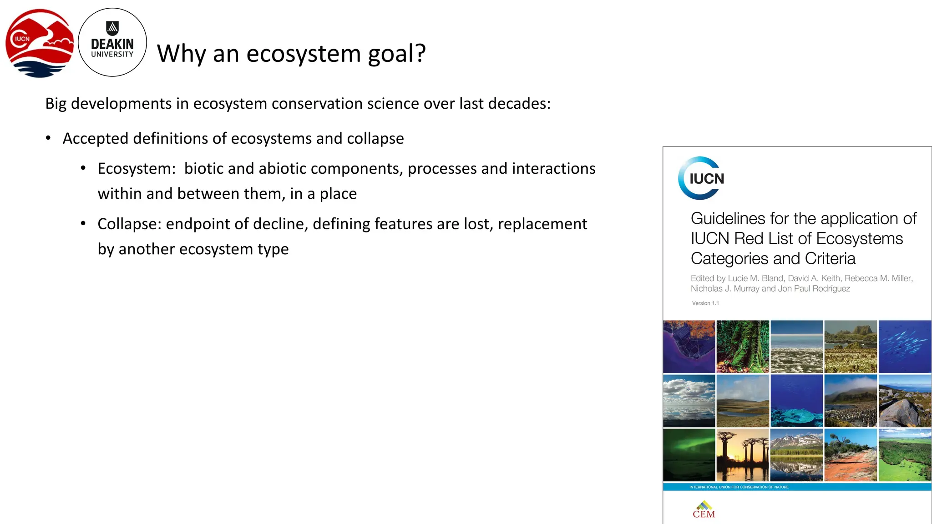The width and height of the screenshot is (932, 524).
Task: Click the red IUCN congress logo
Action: tap(40, 43)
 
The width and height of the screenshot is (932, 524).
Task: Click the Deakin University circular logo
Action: tap(112, 42)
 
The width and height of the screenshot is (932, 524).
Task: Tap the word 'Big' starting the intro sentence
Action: tap(56, 104)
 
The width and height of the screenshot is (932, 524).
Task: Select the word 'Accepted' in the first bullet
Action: tap(95, 138)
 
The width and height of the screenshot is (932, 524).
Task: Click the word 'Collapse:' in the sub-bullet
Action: tap(129, 224)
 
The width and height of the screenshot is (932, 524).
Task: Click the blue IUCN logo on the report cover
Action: tap(701, 178)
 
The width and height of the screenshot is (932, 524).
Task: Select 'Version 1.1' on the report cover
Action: tap(705, 303)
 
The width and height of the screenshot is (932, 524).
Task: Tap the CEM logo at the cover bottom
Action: tap(704, 510)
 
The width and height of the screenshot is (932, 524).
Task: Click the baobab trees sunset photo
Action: tap(743, 455)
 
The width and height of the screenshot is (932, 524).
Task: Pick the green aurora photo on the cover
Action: tap(689, 455)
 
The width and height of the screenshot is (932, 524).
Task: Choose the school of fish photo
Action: tap(905, 347)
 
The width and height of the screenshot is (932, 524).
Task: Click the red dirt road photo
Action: tap(851, 455)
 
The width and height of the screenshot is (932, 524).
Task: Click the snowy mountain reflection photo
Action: tap(796, 455)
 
